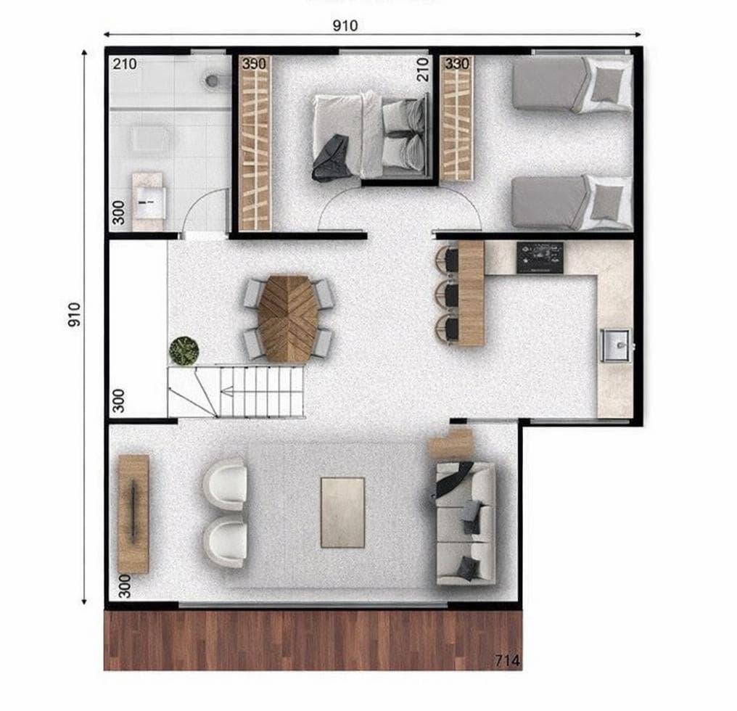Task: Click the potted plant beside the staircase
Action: click(184, 350)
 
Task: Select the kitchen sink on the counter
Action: click(615, 345)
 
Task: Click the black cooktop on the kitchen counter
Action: click(540, 258)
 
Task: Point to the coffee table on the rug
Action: click(342, 511)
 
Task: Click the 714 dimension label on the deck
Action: click(506, 660)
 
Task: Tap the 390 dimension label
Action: click(255, 63)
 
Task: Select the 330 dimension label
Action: click(457, 63)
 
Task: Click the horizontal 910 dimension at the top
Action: click(345, 26)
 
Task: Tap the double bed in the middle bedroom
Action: click(368, 136)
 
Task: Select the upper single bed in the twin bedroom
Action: click(572, 85)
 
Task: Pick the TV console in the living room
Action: click(133, 513)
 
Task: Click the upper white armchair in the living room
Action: click(226, 483)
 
